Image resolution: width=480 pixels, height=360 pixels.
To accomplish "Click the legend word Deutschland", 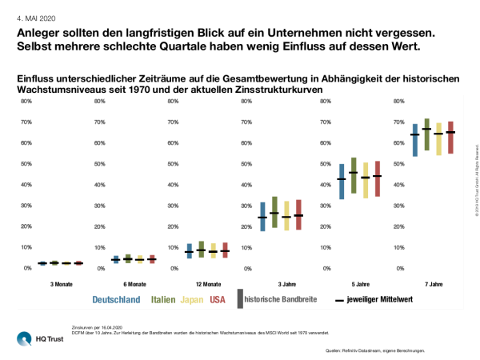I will point(118,300).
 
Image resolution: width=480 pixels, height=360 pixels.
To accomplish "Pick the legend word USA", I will point(217,300).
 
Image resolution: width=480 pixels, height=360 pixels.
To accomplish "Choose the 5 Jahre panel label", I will point(359,284).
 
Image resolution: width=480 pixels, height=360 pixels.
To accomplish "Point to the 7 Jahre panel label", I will point(433,284).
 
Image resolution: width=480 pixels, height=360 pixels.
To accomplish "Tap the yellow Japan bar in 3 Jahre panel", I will point(286,215).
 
